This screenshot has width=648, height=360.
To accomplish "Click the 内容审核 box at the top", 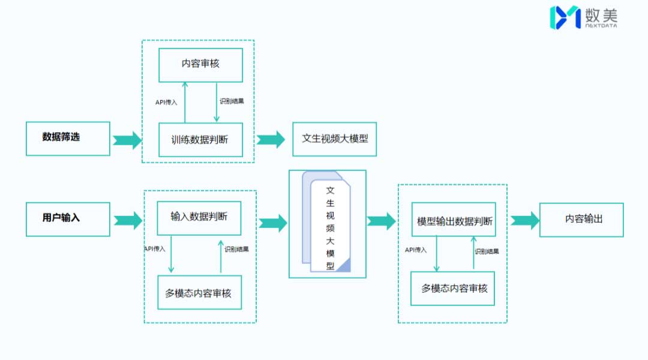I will pyautogui.click(x=200, y=65).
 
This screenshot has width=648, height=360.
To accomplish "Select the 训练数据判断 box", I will pyautogui.click(x=200, y=140).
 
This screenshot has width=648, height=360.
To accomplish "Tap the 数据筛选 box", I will pyautogui.click(x=68, y=138).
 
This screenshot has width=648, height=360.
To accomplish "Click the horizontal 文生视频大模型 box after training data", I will pyautogui.click(x=334, y=139).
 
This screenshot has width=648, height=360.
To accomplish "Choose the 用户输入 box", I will pyautogui.click(x=68, y=218).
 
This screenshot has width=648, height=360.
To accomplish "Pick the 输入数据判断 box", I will pyautogui.click(x=199, y=218).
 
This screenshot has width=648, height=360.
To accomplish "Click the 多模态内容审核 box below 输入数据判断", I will pyautogui.click(x=199, y=293).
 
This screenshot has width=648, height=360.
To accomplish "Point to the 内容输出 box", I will pyautogui.click(x=581, y=220).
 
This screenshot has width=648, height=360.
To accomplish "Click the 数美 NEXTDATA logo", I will pyautogui.click(x=584, y=17).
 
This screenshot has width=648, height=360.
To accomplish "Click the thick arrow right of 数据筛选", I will pyautogui.click(x=127, y=140).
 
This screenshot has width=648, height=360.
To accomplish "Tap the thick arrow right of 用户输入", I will pyautogui.click(x=128, y=220).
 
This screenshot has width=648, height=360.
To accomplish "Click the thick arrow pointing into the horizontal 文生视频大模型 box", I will pyautogui.click(x=271, y=140).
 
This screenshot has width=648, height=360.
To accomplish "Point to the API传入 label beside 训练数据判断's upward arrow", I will pyautogui.click(x=166, y=102).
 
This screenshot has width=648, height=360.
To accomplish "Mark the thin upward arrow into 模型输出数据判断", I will pyautogui.click(x=473, y=254).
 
